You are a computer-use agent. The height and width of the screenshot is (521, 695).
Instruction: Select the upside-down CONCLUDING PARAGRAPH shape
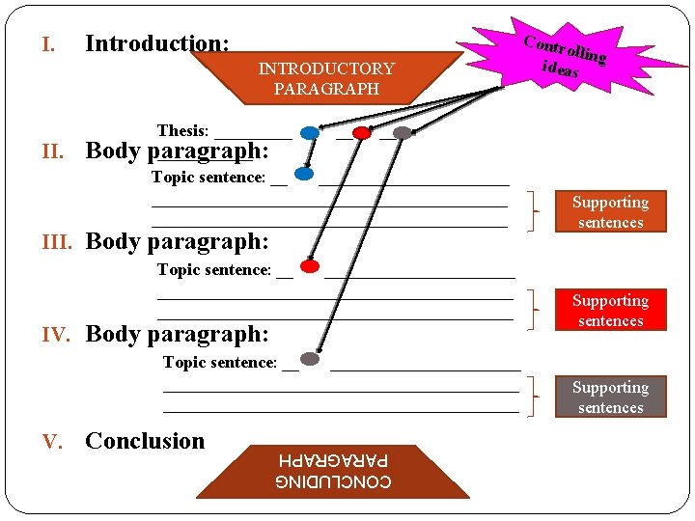333,471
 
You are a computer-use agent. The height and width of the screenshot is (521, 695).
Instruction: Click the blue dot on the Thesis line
309,133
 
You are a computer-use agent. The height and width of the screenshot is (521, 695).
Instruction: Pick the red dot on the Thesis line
362,133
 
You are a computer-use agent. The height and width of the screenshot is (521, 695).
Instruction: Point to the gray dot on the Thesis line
403,133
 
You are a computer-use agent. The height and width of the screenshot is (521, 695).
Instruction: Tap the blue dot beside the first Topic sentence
304,175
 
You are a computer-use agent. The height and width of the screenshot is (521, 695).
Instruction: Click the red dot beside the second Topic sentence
310,266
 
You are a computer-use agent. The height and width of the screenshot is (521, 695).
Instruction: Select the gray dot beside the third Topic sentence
310,359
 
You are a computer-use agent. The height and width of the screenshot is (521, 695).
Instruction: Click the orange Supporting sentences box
609,212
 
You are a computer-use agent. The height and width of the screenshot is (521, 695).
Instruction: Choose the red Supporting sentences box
609,311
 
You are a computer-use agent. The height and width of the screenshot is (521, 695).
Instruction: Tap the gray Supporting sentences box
609,397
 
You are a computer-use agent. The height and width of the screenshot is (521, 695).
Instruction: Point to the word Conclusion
145,441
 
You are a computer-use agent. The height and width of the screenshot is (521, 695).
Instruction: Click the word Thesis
182,130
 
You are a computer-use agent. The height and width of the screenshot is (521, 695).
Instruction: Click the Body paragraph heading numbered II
178,151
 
